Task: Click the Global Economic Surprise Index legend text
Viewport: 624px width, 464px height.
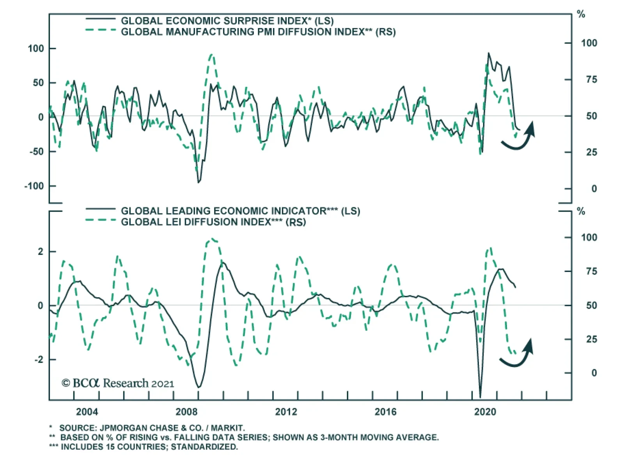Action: tap(227, 21)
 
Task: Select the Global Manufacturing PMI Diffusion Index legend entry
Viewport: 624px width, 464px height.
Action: tap(258, 32)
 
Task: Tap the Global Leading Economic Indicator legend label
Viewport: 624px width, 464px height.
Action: tap(240, 211)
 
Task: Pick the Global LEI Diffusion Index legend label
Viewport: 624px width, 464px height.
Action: tap(213, 222)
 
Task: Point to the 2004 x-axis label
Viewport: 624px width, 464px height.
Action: tap(87, 412)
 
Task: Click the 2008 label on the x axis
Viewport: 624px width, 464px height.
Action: tap(186, 412)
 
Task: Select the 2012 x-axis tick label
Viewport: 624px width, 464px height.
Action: tap(286, 412)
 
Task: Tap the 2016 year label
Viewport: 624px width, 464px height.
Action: tap(385, 412)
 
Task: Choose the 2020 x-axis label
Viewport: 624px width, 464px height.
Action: tap(485, 412)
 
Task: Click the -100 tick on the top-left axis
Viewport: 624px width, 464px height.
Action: tap(34, 186)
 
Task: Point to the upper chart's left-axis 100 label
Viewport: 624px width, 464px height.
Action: tap(36, 49)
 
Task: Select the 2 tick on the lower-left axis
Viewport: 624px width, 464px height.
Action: tap(41, 252)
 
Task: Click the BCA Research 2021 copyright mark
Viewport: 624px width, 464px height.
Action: tap(117, 383)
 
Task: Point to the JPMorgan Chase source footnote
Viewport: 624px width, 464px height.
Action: tap(152, 428)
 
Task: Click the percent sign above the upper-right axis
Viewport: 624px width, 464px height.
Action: tap(581, 15)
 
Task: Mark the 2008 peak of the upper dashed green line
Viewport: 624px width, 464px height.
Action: tap(211, 55)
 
